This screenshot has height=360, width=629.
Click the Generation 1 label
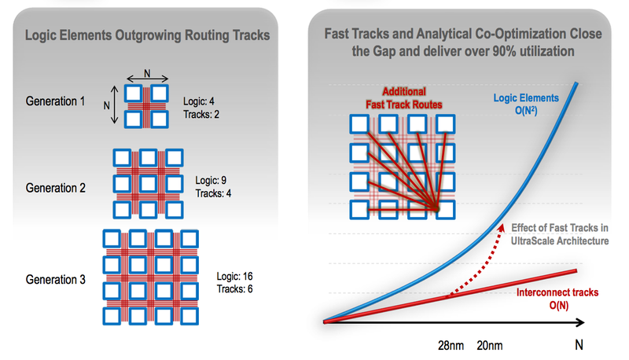[55, 101]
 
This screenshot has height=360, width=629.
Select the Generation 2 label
[55, 188]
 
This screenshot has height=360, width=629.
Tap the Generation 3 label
[55, 279]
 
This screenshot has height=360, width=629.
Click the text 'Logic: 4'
[199, 101]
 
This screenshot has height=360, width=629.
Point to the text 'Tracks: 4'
[213, 193]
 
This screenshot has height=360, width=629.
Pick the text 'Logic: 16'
[234, 276]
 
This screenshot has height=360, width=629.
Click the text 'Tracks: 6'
[234, 288]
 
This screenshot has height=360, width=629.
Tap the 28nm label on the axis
[451, 346]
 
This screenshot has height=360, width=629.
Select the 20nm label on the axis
[489, 346]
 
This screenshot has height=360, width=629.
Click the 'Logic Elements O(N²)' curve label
[526, 104]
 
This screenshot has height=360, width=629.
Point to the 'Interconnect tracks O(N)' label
[557, 299]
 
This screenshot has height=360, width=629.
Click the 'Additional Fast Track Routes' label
[404, 97]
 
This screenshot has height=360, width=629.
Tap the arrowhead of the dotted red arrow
[501, 227]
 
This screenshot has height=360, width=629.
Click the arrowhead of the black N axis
[581, 322]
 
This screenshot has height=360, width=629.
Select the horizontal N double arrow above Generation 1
[147, 79]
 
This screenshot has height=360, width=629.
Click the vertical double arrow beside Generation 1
[115, 105]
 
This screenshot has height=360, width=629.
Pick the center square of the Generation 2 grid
[148, 184]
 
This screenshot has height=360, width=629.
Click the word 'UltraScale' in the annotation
[532, 241]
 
